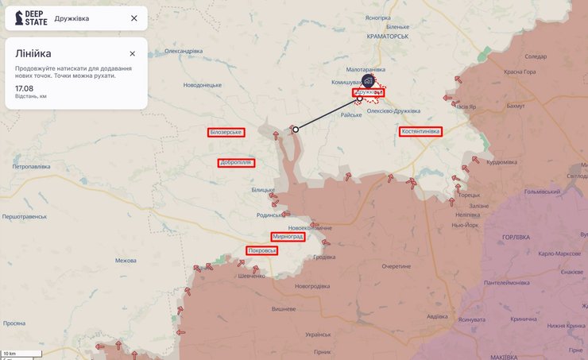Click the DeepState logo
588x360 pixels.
pyautogui.click(x=30, y=17)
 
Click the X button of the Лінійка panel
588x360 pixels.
pyautogui.click(x=133, y=54)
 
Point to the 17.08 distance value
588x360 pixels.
pyautogui.click(x=24, y=87)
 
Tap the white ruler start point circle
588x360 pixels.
pyautogui.click(x=296, y=129)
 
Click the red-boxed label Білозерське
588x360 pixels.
pyautogui.click(x=226, y=132)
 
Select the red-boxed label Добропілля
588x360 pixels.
pyautogui.click(x=235, y=163)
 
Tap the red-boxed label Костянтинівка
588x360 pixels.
pyautogui.click(x=420, y=131)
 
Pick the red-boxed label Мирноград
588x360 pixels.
pyautogui.click(x=288, y=237)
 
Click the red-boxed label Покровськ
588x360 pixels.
pyautogui.click(x=262, y=251)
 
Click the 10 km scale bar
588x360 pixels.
pyautogui.click(x=11, y=354)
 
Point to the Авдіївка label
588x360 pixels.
pyautogui.click(x=436, y=316)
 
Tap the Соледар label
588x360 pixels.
pyautogui.click(x=536, y=56)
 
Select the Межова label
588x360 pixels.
pyautogui.click(x=126, y=261)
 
